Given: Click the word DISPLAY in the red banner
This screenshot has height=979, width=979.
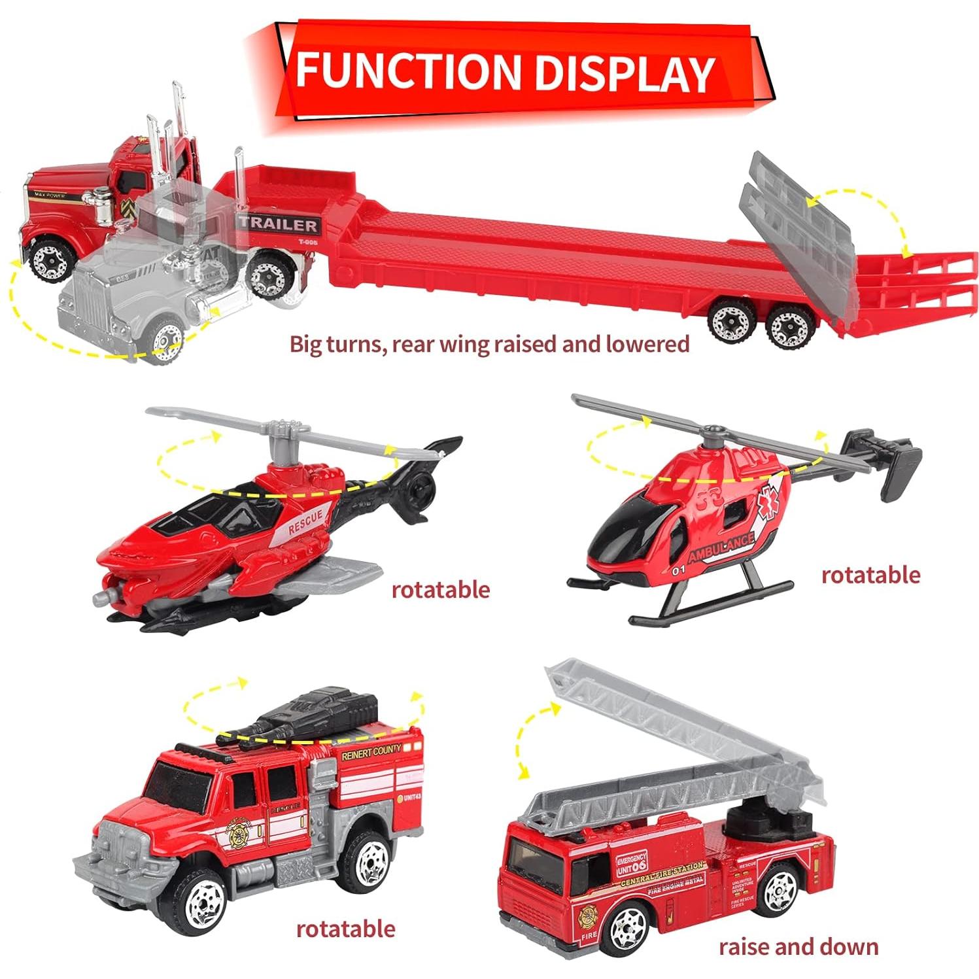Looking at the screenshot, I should click(x=624, y=73).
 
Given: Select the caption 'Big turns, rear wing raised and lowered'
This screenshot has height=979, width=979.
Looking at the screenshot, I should click(x=489, y=344).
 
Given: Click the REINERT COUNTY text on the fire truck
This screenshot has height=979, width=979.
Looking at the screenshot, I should click(x=371, y=753).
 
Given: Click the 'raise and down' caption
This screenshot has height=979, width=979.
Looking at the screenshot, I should click(x=798, y=946).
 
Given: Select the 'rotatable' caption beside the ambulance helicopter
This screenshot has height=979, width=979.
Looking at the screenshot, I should click(x=870, y=575).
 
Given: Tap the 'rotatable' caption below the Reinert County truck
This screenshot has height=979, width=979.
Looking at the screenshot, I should click(x=345, y=929).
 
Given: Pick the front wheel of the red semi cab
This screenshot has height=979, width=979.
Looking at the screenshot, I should click(x=48, y=260).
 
